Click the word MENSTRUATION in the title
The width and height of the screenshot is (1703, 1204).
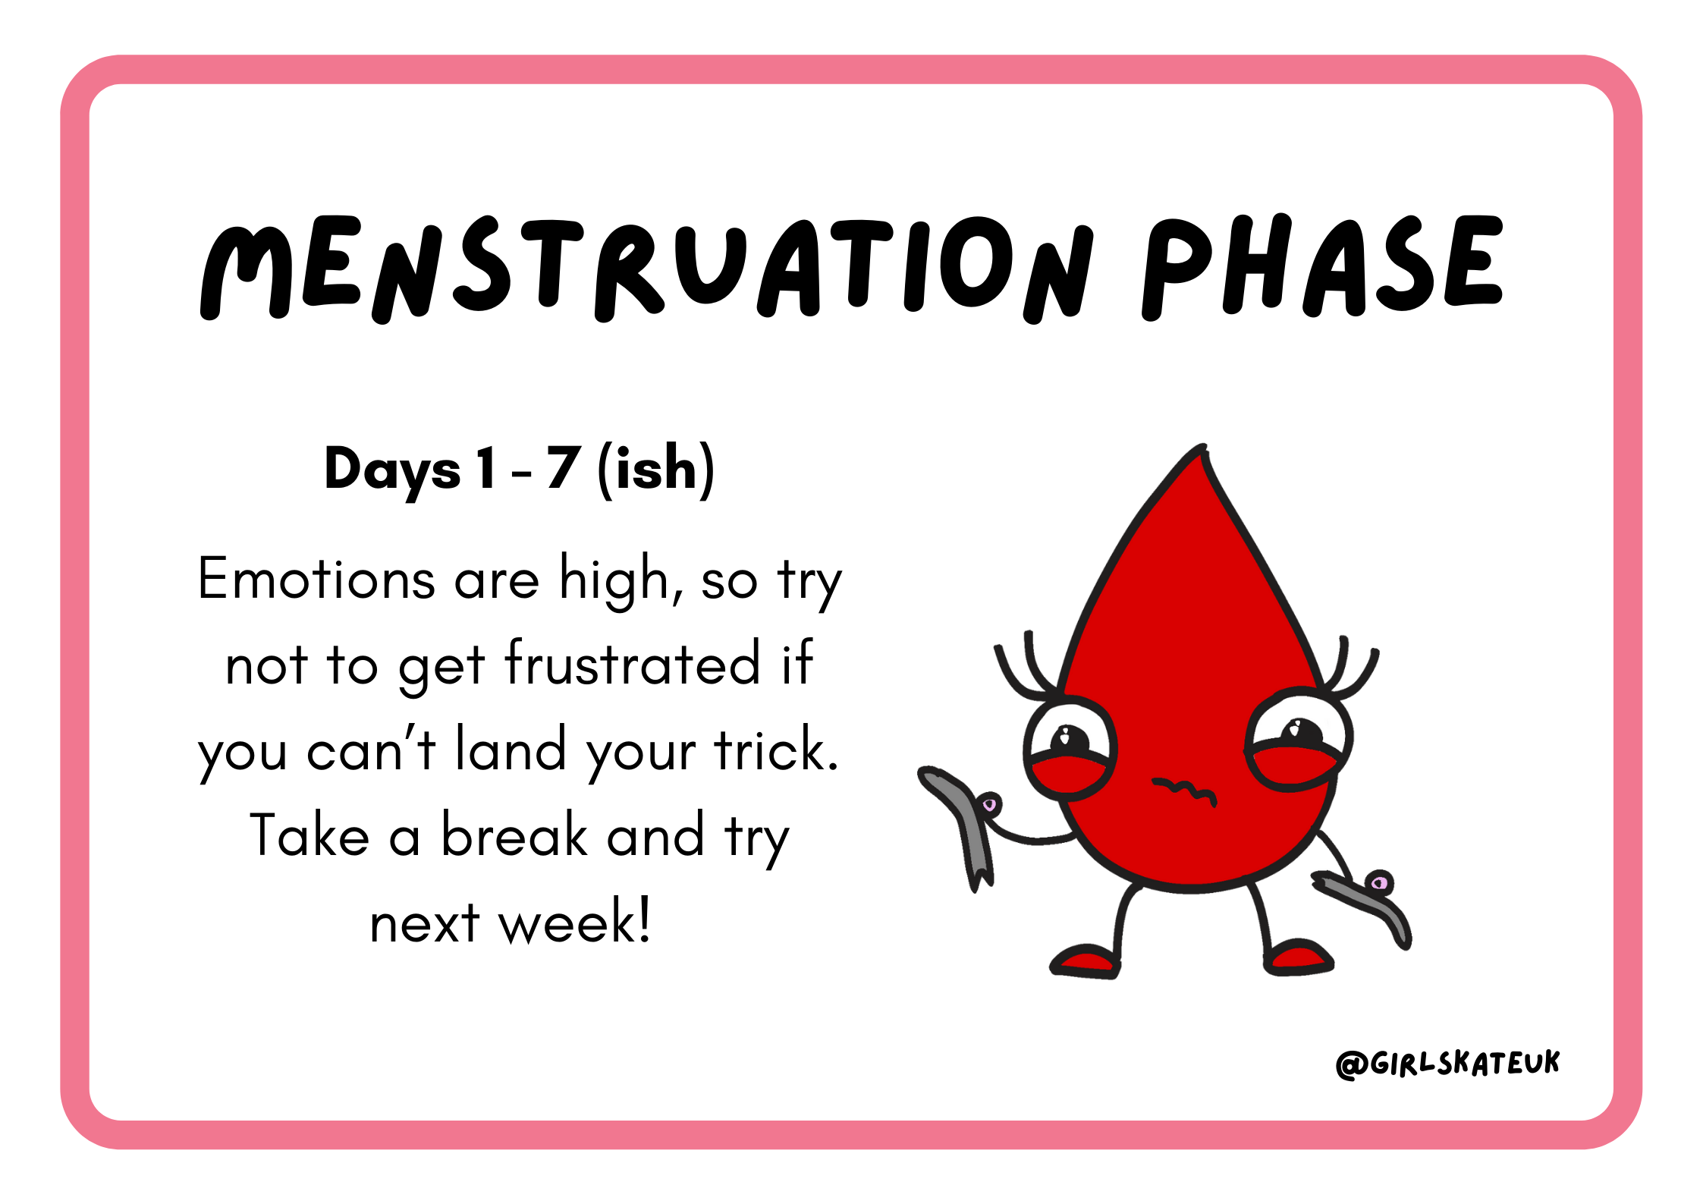pos(646,269)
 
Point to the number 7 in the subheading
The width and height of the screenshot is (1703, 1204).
pos(564,467)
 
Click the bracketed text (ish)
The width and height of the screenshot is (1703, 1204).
pos(656,470)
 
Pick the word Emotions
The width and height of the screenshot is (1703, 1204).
pos(316,579)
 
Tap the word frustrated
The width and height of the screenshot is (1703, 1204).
pos(632,663)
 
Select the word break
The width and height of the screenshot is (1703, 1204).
pos(515,835)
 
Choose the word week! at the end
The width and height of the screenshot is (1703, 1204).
pos(574,921)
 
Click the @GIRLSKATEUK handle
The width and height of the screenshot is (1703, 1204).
pos(1447,1064)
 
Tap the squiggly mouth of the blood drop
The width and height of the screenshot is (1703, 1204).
pos(1184,791)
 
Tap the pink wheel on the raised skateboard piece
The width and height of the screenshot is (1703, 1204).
pos(989,804)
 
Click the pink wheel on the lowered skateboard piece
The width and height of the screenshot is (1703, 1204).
pos(1380,882)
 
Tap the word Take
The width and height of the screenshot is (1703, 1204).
pos(309,835)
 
